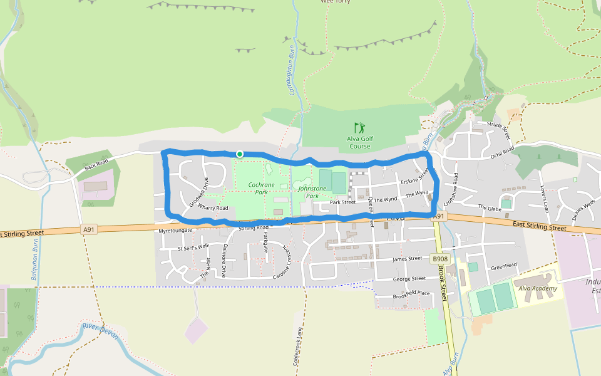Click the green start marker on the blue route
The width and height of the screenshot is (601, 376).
coord(239,154)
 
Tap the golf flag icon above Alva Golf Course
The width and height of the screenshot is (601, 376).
coord(358,128)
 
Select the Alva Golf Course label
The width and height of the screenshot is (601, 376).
coord(360,143)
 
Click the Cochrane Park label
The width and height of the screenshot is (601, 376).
coord(261,188)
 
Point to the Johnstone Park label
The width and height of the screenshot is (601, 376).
coord(312,192)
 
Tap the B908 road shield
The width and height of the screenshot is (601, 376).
coord(441,258)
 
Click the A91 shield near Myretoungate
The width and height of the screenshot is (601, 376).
coord(90,229)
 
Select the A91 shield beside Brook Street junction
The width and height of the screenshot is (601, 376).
coord(438,216)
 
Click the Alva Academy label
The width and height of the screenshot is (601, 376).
coord(537,288)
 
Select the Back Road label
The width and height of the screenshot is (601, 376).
coord(96,166)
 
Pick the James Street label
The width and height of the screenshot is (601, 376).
coord(408,258)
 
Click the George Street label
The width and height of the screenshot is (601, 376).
coord(409,278)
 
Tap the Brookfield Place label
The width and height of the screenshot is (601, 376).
coord(411,294)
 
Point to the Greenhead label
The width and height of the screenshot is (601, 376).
coord(503,266)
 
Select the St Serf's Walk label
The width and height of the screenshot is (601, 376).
coord(193,247)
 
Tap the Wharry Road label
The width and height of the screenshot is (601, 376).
coord(213,207)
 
